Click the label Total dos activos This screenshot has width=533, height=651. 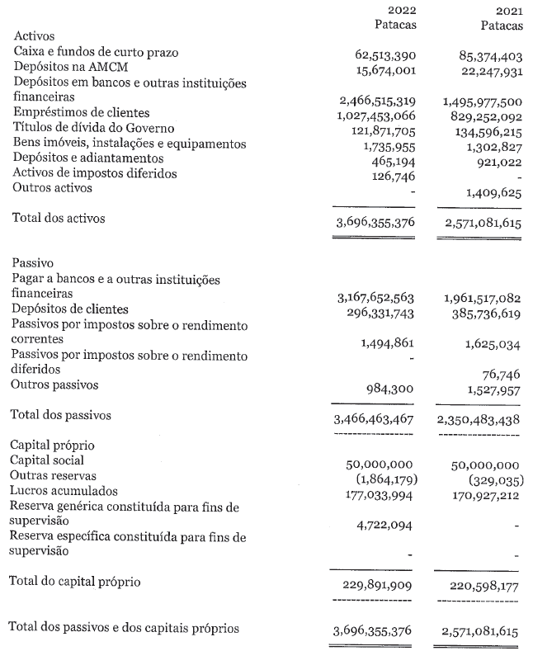pyautogui.click(x=59, y=219)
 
